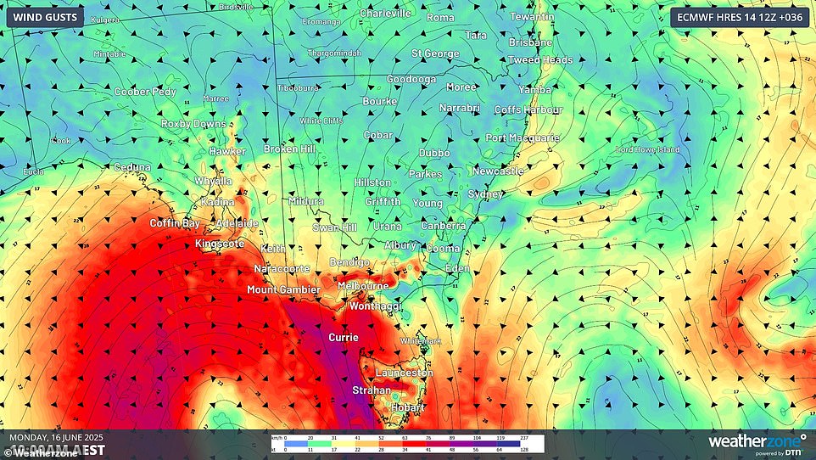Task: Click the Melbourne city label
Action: click(x=362, y=286)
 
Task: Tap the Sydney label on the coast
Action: click(x=486, y=194)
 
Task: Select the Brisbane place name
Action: click(x=530, y=42)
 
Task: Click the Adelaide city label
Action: click(x=237, y=223)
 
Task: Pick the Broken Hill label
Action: click(x=289, y=149)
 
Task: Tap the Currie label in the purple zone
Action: click(x=344, y=338)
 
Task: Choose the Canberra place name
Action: click(x=444, y=227)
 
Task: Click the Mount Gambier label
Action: click(x=283, y=290)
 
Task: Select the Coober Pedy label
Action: click(x=145, y=92)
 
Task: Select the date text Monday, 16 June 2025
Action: click(x=56, y=438)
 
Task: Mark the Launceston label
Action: click(x=405, y=373)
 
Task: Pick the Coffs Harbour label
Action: click(x=528, y=110)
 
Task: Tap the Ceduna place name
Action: click(x=133, y=168)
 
